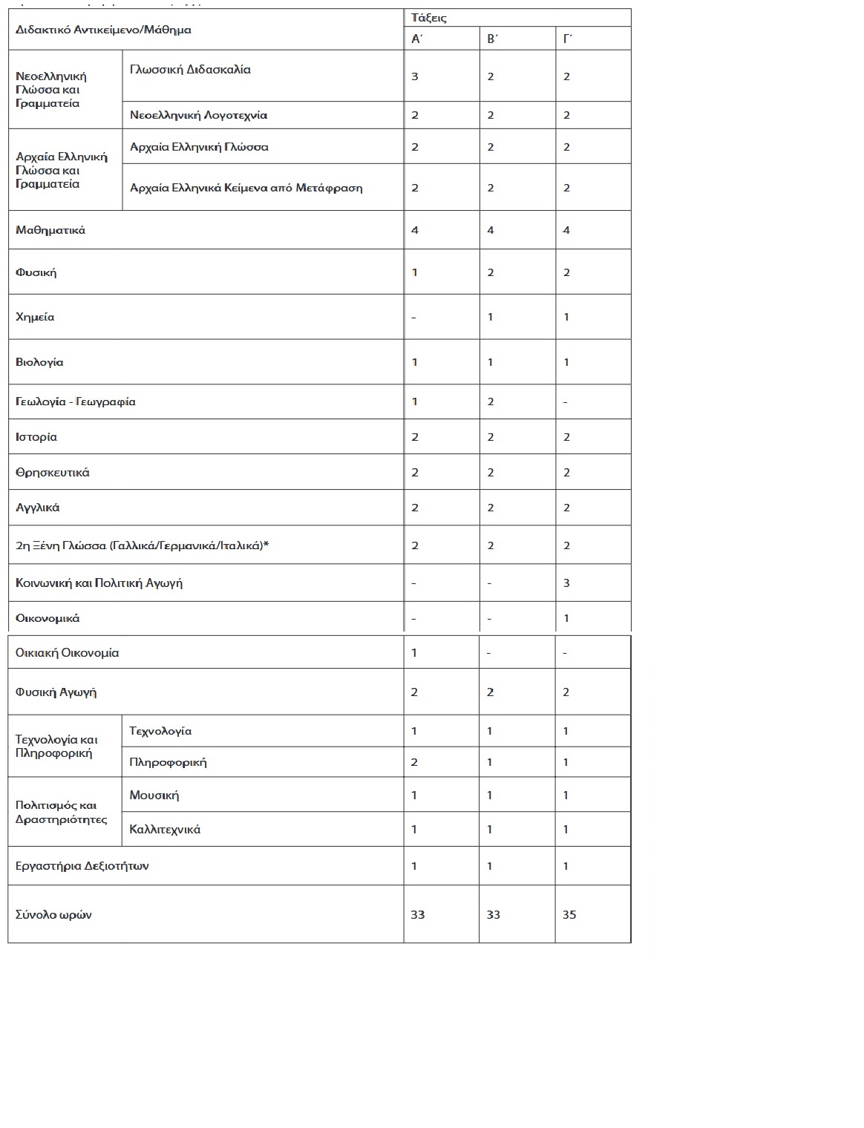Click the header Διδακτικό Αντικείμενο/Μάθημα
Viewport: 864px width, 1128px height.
103,30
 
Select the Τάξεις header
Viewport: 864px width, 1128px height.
429,18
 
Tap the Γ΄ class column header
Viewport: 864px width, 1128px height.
568,39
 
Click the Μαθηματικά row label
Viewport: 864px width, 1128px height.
50,230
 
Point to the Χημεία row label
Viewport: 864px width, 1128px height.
35,317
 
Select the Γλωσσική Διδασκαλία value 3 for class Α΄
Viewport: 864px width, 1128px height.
415,76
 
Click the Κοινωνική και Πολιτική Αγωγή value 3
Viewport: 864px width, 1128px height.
566,583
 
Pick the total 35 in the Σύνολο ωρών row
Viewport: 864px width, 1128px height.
569,914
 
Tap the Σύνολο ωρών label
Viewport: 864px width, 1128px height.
53,914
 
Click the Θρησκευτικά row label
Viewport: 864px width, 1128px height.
53,472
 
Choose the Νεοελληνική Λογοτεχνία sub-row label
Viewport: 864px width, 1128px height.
198,115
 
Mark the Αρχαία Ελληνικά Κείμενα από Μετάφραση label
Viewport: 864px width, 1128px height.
246,188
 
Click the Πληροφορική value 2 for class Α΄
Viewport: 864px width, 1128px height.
414,762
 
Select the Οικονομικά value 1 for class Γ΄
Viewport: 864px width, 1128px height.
566,618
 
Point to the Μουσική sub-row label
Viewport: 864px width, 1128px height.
154,796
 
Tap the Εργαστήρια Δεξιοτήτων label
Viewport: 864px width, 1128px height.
82,866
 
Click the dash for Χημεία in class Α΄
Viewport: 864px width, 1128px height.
413,318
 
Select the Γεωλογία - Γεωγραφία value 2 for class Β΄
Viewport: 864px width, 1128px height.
491,401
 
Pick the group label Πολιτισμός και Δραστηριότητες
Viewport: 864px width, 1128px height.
61,813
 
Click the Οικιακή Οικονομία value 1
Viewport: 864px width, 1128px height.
414,653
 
